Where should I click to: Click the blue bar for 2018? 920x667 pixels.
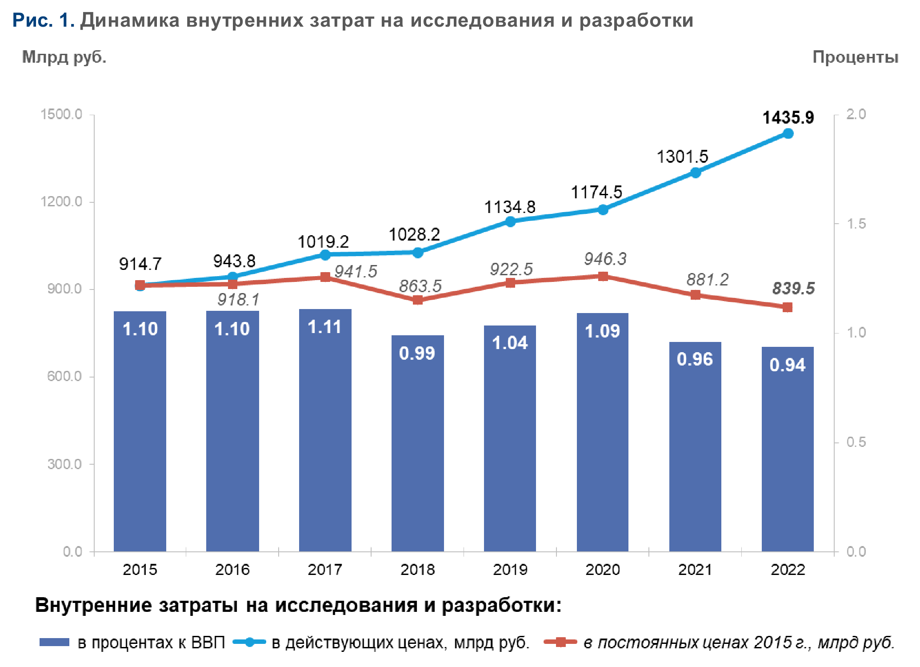click(417, 445)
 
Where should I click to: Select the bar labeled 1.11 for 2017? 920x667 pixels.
click(325, 431)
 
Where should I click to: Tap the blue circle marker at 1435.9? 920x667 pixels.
click(788, 133)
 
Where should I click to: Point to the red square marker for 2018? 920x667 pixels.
click(417, 300)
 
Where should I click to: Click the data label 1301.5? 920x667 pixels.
click(682, 157)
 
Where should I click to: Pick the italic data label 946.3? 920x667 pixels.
click(605, 259)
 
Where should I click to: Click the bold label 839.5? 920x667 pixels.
click(793, 289)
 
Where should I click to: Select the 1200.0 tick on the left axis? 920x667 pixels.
click(61, 202)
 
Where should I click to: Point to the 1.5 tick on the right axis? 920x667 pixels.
click(856, 224)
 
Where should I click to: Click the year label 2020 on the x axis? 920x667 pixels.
click(602, 570)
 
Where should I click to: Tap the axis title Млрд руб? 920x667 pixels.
click(64, 57)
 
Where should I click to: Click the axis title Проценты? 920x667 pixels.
click(855, 57)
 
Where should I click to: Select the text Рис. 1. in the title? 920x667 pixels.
click(43, 20)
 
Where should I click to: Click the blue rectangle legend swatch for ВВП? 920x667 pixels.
click(54, 642)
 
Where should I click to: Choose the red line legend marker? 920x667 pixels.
click(560, 642)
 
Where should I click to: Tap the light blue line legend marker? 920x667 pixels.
click(249, 642)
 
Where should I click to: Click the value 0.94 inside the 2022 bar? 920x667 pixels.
click(787, 365)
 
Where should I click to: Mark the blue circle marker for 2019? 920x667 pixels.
click(510, 221)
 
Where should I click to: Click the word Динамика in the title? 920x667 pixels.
click(130, 20)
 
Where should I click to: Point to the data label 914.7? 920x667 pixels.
click(140, 264)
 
